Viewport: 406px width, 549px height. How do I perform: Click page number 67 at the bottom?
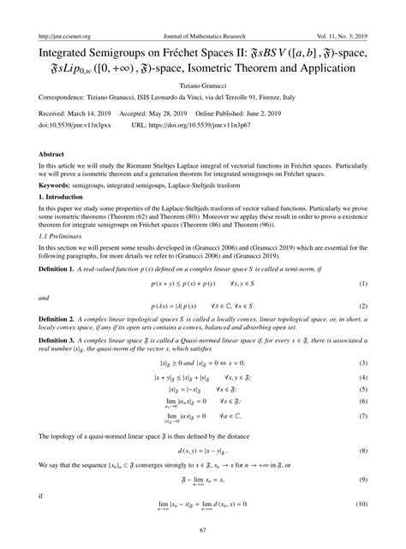click(x=203, y=531)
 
